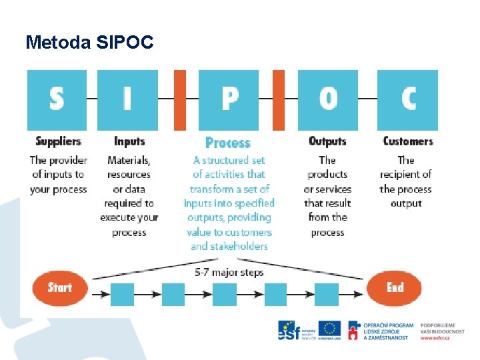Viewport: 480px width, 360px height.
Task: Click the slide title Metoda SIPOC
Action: (x=89, y=43)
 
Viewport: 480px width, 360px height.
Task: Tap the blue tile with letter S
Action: (x=57, y=100)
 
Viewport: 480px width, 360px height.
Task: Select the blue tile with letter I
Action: (x=127, y=100)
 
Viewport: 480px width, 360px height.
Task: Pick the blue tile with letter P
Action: (x=229, y=100)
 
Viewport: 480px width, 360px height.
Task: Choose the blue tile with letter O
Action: (x=327, y=100)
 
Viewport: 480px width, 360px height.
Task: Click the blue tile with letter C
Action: (x=407, y=100)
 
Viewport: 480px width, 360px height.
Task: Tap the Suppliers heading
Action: (x=58, y=141)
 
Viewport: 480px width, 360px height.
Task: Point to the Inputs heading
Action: (x=129, y=141)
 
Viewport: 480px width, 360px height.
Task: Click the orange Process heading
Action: (x=228, y=143)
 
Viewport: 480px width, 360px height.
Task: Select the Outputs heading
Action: (x=327, y=141)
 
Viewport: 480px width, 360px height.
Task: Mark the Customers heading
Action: (x=407, y=141)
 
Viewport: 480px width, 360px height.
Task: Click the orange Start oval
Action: (x=60, y=288)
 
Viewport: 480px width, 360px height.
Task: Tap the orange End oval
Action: (x=395, y=288)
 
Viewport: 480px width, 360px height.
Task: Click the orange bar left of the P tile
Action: (x=180, y=100)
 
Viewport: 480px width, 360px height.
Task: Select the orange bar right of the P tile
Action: (x=278, y=100)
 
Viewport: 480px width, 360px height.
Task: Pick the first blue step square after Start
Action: (x=122, y=294)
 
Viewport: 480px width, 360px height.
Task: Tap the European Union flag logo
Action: (x=329, y=329)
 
